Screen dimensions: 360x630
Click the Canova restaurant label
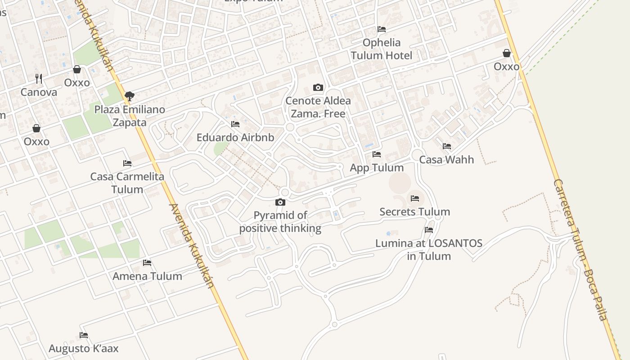pos(39,92)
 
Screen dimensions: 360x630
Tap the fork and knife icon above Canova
pos(39,78)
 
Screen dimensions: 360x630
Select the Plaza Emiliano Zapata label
pos(130,116)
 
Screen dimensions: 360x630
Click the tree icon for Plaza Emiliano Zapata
pos(130,96)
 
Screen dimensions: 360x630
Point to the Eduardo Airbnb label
pos(235,138)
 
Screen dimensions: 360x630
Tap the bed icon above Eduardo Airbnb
pos(235,124)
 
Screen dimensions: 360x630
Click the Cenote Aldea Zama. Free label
pos(318,107)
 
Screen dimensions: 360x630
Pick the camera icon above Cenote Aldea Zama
pos(318,87)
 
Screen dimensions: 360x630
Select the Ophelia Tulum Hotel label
pos(381,49)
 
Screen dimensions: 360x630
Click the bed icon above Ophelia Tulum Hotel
pos(382,29)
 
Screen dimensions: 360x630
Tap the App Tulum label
pos(377,168)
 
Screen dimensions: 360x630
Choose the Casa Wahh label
pos(446,160)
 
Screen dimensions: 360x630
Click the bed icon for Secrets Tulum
pos(415,198)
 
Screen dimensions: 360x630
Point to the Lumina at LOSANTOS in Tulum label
pos(429,250)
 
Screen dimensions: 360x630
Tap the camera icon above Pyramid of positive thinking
pos(280,202)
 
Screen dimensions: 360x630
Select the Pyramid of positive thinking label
pos(280,222)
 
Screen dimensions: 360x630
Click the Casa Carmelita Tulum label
pos(127,183)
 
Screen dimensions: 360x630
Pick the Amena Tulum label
pos(147,276)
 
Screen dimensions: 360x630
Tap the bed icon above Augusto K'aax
pos(83,335)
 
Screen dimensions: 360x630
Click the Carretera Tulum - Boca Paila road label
pos(580,250)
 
